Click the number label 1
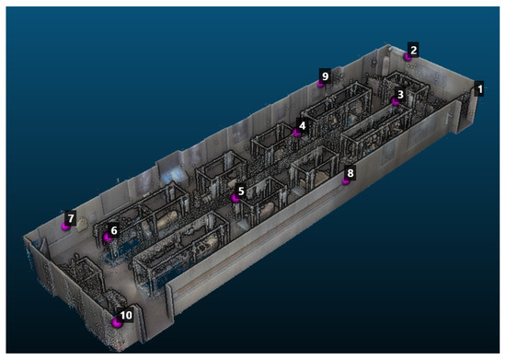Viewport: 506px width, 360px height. click(x=479, y=88)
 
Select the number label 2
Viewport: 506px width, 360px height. click(x=413, y=50)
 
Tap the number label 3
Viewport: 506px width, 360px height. click(x=400, y=94)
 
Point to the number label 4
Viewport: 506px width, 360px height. click(x=302, y=125)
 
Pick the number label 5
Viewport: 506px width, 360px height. click(x=241, y=191)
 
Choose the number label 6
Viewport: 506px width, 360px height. click(x=113, y=230)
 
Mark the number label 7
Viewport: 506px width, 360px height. click(x=70, y=218)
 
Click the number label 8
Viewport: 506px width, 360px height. click(x=351, y=173)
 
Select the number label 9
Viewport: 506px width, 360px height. click(x=325, y=76)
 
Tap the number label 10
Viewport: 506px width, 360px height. click(x=126, y=315)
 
